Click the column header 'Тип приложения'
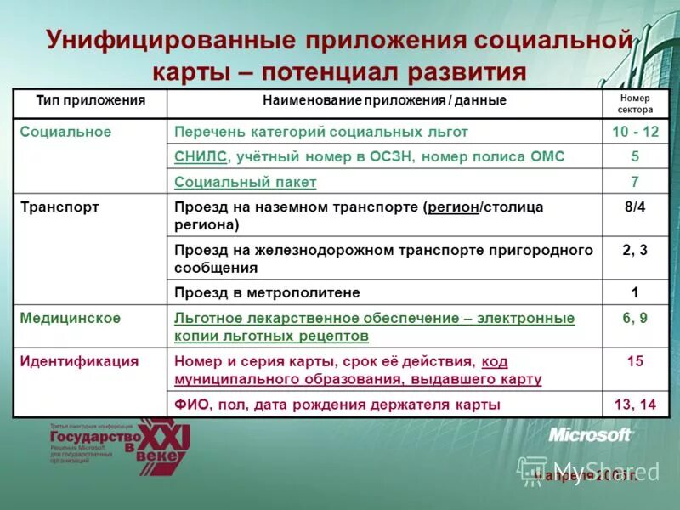[90, 101]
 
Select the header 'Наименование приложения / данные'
[384, 101]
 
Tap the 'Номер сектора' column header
[635, 103]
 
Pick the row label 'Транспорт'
[59, 207]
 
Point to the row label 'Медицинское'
[71, 318]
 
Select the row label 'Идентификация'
[79, 361]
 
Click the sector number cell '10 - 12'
[635, 132]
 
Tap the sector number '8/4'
[635, 207]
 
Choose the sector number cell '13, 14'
[635, 405]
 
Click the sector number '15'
[635, 361]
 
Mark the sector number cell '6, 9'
[635, 318]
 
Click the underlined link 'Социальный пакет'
[245, 182]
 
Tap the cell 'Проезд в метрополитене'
[267, 292]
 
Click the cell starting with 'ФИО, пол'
[337, 405]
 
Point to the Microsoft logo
[590, 435]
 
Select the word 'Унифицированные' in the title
[170, 40]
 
